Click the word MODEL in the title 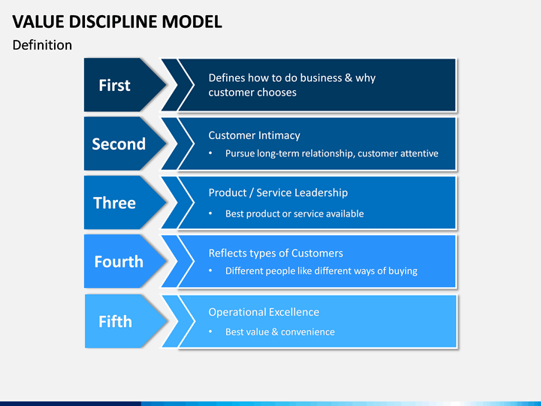click(x=192, y=22)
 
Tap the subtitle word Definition click(x=42, y=45)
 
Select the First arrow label click(x=114, y=85)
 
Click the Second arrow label click(x=119, y=144)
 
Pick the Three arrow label click(x=114, y=203)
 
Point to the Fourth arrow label click(x=119, y=262)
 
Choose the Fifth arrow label click(x=115, y=322)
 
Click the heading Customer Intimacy click(x=254, y=135)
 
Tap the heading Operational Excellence click(x=264, y=312)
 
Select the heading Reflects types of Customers click(x=276, y=253)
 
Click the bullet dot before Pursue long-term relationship click(x=210, y=153)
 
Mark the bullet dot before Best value click(x=210, y=332)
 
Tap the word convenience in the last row click(x=308, y=332)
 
